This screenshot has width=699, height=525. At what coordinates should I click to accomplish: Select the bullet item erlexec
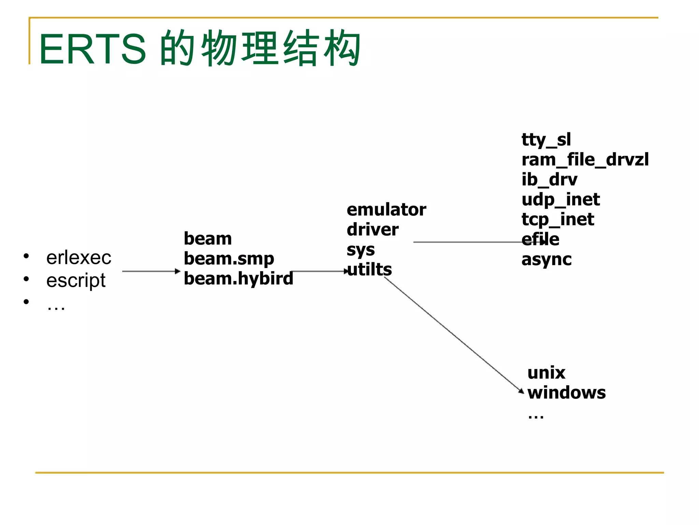[x=79, y=257]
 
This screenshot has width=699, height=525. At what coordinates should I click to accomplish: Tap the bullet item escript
[x=76, y=280]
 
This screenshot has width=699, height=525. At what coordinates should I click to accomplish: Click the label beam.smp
[x=229, y=259]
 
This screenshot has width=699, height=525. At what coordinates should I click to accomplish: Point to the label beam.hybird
[x=238, y=278]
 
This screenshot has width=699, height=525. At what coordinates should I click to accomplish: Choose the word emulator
[x=386, y=210]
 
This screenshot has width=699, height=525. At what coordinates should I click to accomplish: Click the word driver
[x=372, y=229]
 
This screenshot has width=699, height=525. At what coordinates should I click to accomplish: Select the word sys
[x=360, y=250]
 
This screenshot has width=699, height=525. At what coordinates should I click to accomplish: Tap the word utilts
[x=370, y=269]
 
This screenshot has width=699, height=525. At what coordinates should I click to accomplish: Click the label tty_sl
[x=546, y=140]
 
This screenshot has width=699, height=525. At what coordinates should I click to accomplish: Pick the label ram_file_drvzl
[x=585, y=160]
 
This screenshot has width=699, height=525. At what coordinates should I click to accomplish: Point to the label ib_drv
[x=549, y=179]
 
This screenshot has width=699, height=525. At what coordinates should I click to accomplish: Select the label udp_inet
[x=560, y=199]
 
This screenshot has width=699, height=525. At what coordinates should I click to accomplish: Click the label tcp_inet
[x=557, y=219]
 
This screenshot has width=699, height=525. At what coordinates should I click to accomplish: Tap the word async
[x=546, y=259]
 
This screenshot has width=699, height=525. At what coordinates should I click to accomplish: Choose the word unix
[x=546, y=373]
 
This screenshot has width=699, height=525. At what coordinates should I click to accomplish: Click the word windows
[x=566, y=392]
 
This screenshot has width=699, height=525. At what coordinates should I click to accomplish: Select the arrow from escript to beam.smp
[x=150, y=271]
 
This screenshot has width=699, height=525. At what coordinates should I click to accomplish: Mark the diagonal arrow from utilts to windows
[x=454, y=335]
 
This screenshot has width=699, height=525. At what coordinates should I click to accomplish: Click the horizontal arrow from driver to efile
[x=468, y=242]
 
